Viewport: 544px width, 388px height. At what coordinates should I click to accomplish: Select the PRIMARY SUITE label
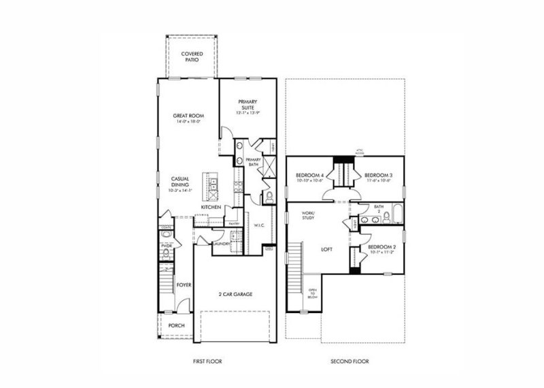[248, 105]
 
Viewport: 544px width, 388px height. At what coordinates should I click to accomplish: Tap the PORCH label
[176, 325]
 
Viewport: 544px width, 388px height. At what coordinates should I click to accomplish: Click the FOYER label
[184, 285]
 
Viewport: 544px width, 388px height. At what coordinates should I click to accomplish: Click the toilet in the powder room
[167, 254]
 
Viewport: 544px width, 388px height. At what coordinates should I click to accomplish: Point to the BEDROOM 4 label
[309, 178]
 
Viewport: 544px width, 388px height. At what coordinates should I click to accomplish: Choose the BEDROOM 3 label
[379, 178]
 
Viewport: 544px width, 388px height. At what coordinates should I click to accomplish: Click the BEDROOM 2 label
[381, 248]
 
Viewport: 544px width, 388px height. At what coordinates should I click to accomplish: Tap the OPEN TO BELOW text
[313, 293]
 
